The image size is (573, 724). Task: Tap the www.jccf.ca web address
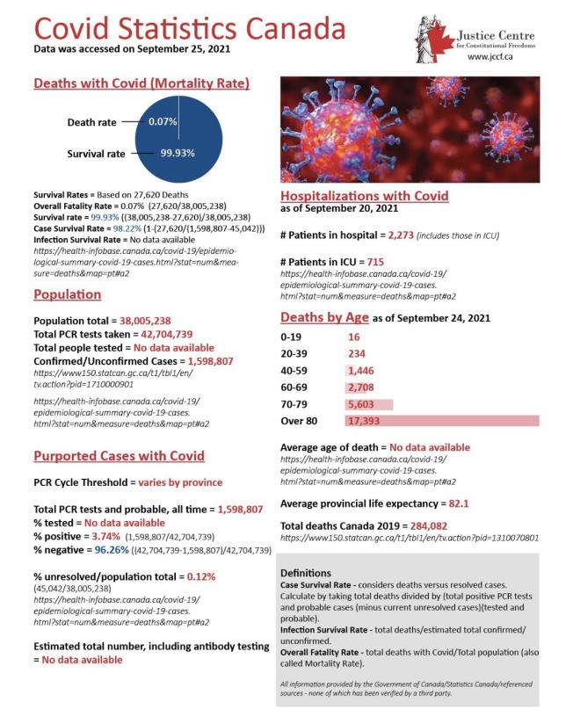pyautogui.click(x=490, y=56)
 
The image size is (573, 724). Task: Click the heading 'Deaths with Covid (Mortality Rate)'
pyautogui.click(x=141, y=83)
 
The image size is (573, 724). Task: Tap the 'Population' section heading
pyautogui.click(x=67, y=294)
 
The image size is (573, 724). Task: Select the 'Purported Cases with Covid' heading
pyautogui.click(x=119, y=455)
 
